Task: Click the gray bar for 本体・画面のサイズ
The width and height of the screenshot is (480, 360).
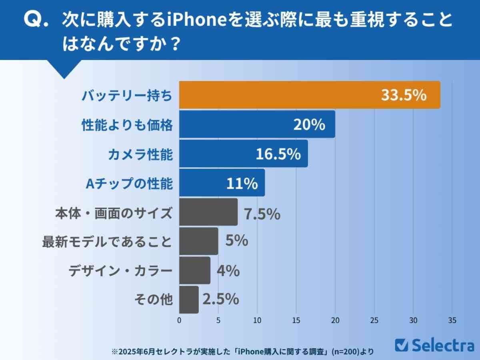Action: coord(208,212)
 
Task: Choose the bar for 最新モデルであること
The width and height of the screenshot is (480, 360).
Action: coord(198,241)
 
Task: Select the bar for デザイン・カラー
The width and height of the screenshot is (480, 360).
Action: coord(194,270)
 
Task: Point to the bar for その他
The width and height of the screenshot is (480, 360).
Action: coord(188,300)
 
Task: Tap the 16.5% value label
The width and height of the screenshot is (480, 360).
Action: coord(278,154)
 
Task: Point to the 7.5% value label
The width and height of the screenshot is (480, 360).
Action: coord(262,214)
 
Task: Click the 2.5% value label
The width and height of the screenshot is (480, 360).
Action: coord(221,299)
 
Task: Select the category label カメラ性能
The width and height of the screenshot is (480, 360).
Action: coord(140,154)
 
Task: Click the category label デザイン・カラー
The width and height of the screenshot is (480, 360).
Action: coord(120,271)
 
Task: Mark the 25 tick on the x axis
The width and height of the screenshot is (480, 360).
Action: coord(374,320)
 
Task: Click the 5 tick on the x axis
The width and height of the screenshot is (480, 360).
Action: coord(218,320)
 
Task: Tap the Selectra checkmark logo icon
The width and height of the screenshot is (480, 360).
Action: coord(401,345)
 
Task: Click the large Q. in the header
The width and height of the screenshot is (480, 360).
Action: coord(36,20)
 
